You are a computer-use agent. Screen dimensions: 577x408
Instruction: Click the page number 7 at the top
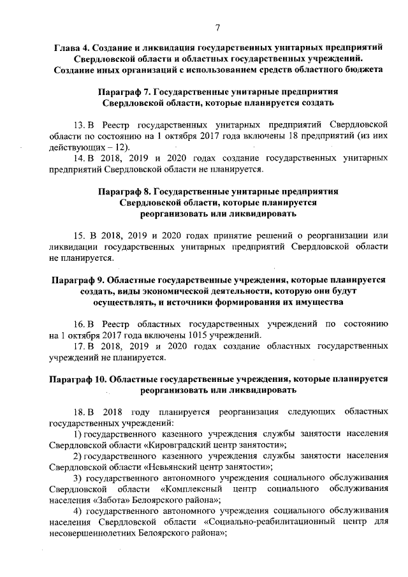coord(217,26)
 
